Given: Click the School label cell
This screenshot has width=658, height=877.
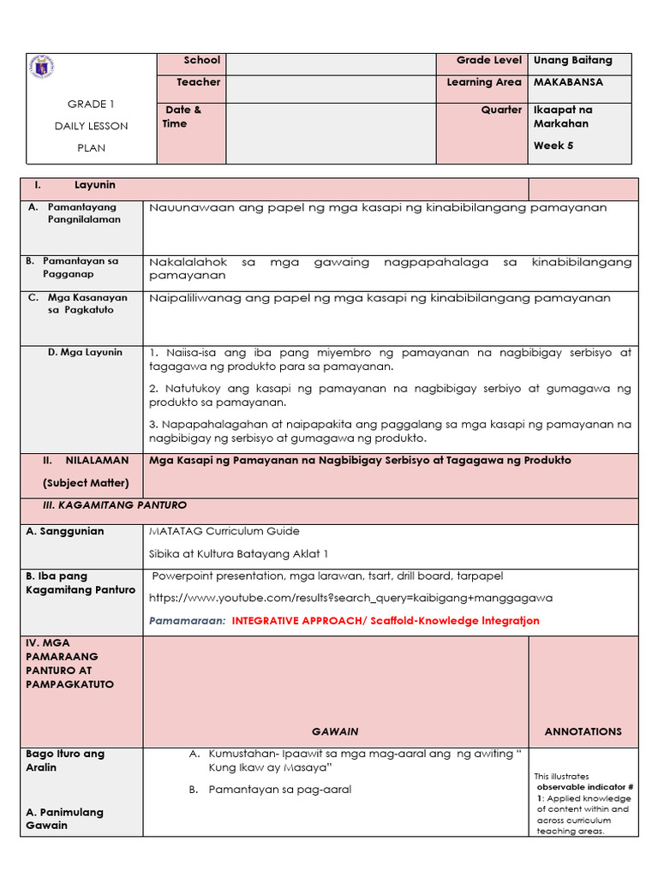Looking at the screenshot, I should [202, 61].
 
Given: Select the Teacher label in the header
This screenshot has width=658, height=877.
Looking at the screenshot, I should [199, 82].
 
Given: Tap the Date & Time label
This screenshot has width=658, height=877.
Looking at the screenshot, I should [182, 116].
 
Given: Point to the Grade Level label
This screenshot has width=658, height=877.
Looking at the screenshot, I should [488, 61].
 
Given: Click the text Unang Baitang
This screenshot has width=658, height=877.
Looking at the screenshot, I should [572, 61].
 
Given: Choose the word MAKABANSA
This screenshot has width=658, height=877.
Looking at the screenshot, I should [568, 82].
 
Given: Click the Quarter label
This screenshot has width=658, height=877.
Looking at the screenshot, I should [501, 110].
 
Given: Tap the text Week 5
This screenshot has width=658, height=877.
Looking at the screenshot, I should [553, 146].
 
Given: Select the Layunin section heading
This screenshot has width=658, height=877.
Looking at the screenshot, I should [94, 185].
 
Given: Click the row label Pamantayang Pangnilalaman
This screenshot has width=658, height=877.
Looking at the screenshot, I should [84, 213].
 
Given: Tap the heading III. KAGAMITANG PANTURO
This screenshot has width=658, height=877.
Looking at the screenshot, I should [114, 505].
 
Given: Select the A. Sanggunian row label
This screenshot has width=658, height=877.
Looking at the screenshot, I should [65, 531].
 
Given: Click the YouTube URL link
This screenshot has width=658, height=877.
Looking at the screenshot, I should [350, 598].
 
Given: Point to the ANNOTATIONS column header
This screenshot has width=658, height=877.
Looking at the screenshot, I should [583, 731].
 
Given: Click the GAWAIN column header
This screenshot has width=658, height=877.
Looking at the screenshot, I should [335, 731].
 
